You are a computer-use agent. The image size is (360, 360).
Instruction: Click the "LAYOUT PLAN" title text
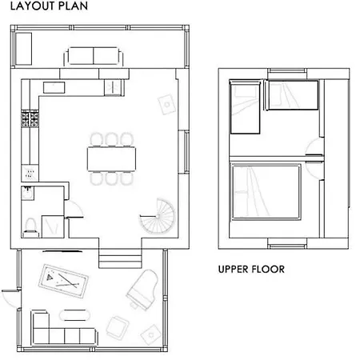click(x=49, y=6)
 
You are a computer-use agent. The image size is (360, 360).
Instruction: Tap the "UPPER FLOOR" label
click(x=251, y=270)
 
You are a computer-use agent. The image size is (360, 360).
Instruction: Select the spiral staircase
click(x=158, y=216)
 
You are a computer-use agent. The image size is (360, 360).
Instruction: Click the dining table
click(x=111, y=159)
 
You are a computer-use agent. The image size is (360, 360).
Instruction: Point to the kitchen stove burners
click(x=30, y=119)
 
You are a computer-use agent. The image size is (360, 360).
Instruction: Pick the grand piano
click(x=142, y=290)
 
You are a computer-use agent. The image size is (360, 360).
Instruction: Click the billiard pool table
click(x=63, y=281)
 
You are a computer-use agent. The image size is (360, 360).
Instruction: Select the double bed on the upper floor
click(x=266, y=193)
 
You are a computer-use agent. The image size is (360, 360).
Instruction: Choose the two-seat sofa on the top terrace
click(x=94, y=56)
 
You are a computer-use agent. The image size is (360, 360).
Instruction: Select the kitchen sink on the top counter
click(x=54, y=88)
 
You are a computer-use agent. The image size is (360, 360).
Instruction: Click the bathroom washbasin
click(x=27, y=193)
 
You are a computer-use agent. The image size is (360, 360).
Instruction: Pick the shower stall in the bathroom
click(x=53, y=226)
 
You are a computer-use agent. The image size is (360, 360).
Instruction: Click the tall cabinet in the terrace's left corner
click(x=23, y=49)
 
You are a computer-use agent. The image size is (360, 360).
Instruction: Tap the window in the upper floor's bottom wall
click(x=287, y=245)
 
